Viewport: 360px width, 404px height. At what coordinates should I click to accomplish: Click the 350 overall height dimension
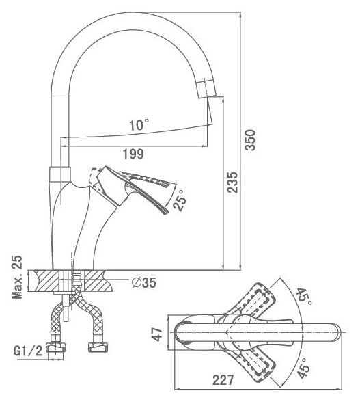pyautogui.click(x=250, y=140)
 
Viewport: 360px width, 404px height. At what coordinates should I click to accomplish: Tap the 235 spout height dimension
pyautogui.click(x=232, y=183)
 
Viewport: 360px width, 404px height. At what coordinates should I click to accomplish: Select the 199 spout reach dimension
pyautogui.click(x=133, y=154)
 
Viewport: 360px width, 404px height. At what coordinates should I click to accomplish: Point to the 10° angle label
pyautogui.click(x=139, y=125)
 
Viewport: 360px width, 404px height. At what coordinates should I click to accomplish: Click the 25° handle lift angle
pyautogui.click(x=180, y=201)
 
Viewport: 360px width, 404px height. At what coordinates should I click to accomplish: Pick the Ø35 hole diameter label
pyautogui.click(x=143, y=282)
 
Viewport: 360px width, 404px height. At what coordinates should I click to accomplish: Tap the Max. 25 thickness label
pyautogui.click(x=17, y=277)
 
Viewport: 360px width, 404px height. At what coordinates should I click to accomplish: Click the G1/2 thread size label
pyautogui.click(x=28, y=351)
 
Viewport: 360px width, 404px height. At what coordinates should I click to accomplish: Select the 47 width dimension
pyautogui.click(x=158, y=334)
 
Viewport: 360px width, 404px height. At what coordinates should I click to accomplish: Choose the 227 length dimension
pyautogui.click(x=223, y=380)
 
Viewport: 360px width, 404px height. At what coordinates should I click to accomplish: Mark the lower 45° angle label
pyautogui.click(x=303, y=368)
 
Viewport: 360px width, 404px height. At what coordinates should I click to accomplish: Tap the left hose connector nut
pyautogui.click(x=55, y=347)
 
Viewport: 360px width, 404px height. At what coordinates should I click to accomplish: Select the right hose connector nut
pyautogui.click(x=98, y=347)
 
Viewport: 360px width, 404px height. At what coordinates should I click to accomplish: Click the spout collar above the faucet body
pyautogui.click(x=59, y=174)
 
